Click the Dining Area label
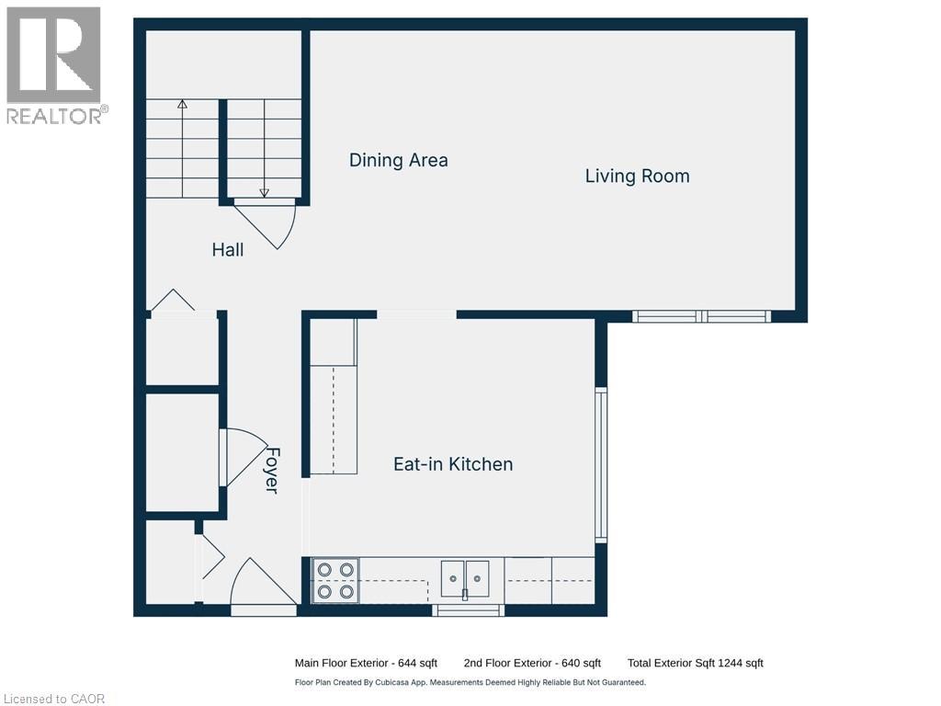pyautogui.click(x=398, y=160)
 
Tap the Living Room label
pyautogui.click(x=637, y=176)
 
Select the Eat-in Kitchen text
pyautogui.click(x=453, y=464)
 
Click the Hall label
pyautogui.click(x=228, y=249)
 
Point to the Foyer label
pyautogui.click(x=272, y=470)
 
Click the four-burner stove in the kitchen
pyautogui.click(x=335, y=581)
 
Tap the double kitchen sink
pyautogui.click(x=465, y=578)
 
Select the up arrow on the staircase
pyautogui.click(x=182, y=105)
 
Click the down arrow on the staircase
pyautogui.click(x=265, y=192)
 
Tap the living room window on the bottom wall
pyautogui.click(x=702, y=316)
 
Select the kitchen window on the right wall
pyautogui.click(x=601, y=464)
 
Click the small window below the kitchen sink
pyautogui.click(x=468, y=609)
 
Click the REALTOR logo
pyautogui.click(x=54, y=64)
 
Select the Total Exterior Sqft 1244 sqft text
pyautogui.click(x=695, y=663)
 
